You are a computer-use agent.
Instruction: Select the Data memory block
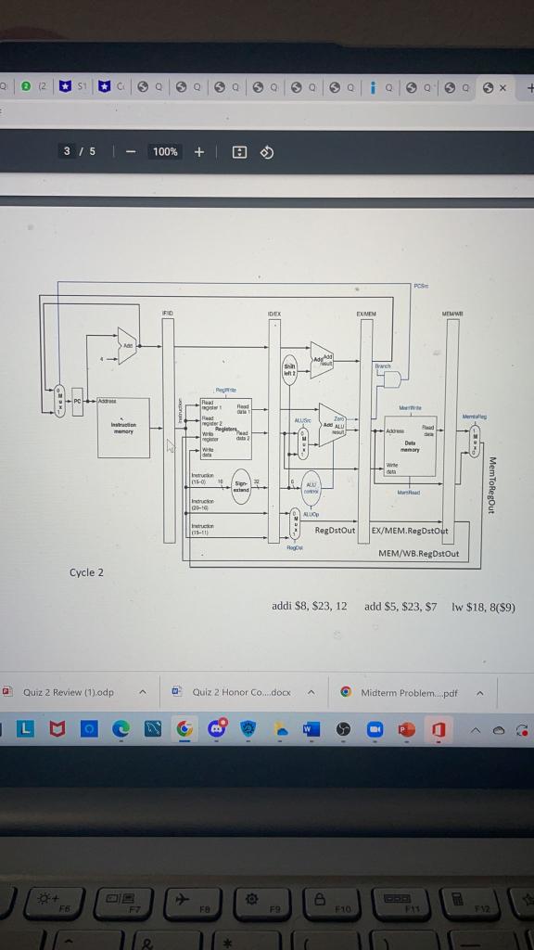click(x=409, y=444)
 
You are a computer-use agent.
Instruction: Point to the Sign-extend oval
click(x=241, y=485)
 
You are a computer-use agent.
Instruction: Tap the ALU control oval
click(x=311, y=487)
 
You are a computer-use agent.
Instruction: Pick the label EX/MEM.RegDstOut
click(x=409, y=531)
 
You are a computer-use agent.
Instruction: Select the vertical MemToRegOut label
click(x=491, y=484)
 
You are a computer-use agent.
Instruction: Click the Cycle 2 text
click(x=86, y=572)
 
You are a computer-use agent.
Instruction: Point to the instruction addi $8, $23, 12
click(x=309, y=606)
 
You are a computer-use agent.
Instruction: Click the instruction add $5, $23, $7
click(x=400, y=606)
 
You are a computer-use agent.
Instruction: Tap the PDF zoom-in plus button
click(x=199, y=152)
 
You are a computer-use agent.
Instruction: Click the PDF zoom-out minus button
click(x=131, y=152)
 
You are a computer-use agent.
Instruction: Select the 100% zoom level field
click(x=165, y=152)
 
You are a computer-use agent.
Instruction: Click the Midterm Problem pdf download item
click(x=409, y=692)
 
